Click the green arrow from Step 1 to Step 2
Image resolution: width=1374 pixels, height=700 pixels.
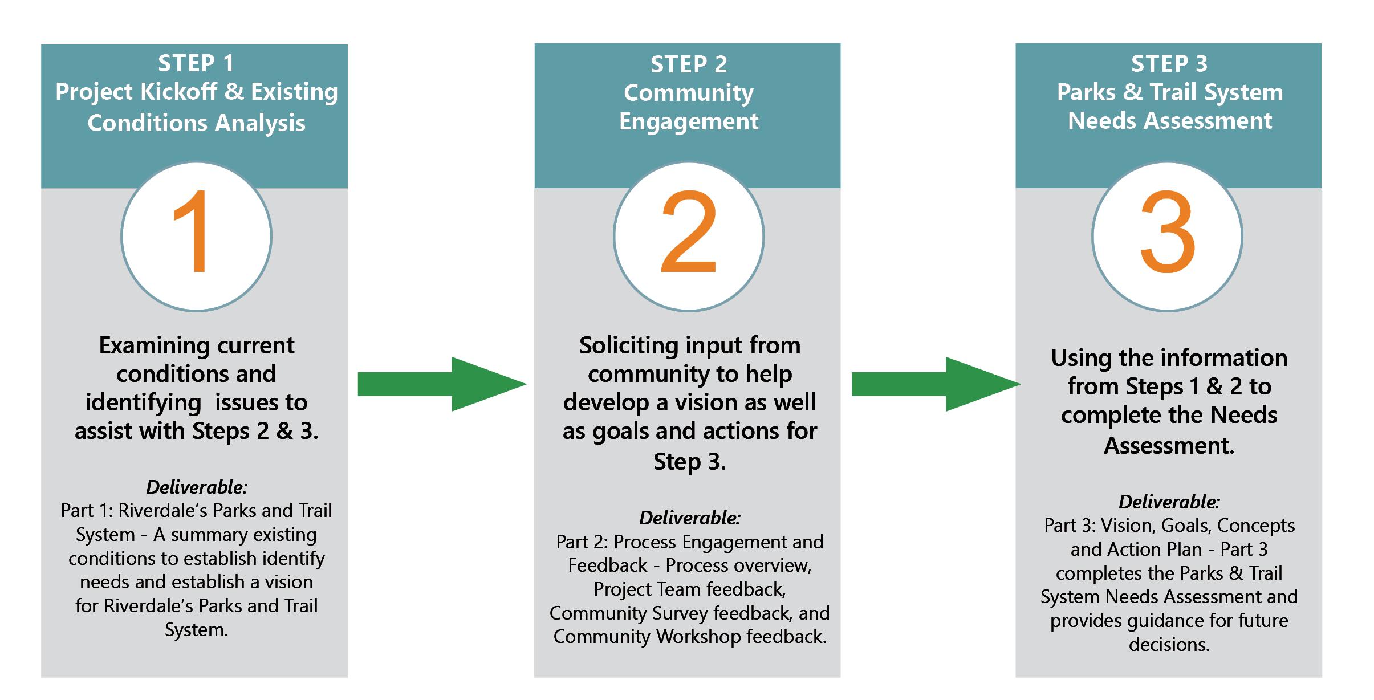[x=441, y=384]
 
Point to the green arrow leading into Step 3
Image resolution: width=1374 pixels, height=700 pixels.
[x=935, y=384]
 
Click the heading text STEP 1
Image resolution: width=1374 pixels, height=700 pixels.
[x=196, y=63]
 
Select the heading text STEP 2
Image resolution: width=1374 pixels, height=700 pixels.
[x=689, y=64]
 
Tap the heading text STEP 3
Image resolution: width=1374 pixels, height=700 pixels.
[x=1169, y=64]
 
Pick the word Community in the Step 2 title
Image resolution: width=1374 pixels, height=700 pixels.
[x=689, y=93]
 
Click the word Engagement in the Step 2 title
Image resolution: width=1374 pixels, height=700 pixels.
[x=689, y=122]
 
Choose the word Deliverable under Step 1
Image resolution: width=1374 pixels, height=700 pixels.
[x=197, y=487]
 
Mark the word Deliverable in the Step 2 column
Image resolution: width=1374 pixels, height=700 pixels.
[x=690, y=518]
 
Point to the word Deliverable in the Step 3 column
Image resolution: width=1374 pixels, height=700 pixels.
[x=1169, y=502]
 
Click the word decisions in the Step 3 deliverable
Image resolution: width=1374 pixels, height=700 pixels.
[x=1169, y=644]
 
